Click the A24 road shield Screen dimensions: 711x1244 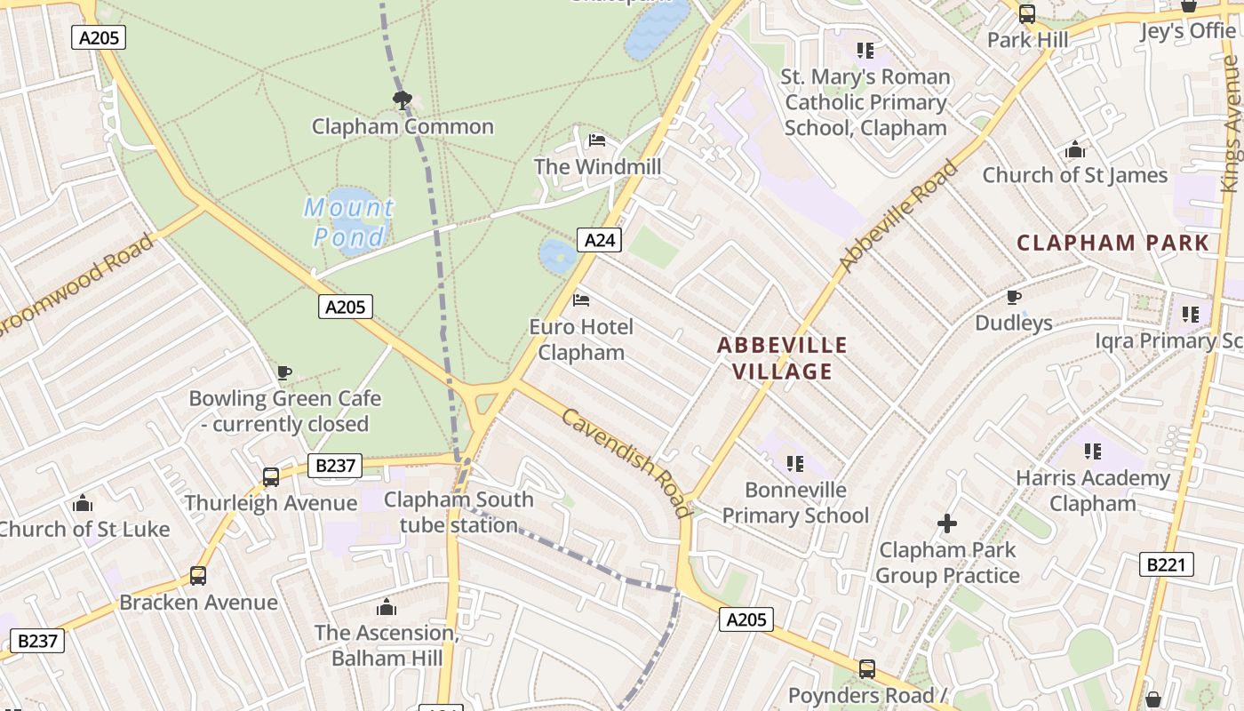coord(599,239)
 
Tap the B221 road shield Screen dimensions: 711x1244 coord(1166,563)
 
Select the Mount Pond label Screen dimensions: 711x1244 coord(349,222)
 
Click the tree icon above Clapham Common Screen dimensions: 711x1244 coord(402,100)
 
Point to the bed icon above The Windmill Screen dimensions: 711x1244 coord(597,140)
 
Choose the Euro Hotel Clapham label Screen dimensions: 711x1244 coord(581,340)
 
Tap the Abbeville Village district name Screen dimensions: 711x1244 coord(782,358)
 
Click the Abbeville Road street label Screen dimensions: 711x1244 coord(899,217)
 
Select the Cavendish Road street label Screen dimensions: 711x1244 coord(626,462)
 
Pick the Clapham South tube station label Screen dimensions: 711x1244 coord(459,512)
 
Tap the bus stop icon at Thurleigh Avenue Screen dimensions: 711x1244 coord(271,477)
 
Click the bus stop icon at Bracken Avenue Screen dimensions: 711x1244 coord(198,576)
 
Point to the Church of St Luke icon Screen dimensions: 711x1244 coord(83,504)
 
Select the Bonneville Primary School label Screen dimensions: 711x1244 coord(795,502)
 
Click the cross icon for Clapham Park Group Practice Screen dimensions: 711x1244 coord(947,523)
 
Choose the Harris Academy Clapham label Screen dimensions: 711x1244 coord(1093,491)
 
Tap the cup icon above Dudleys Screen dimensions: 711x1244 coord(1013,297)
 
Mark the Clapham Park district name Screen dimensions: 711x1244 coord(1112,243)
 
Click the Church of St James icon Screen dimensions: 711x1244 coord(1075,149)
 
